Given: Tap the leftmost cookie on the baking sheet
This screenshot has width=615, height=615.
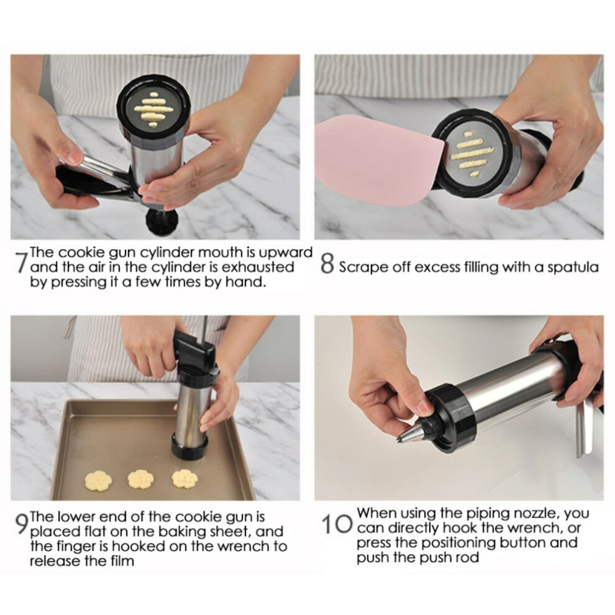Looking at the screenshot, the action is point(98,480).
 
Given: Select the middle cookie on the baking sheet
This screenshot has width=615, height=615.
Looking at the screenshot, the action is point(141,479).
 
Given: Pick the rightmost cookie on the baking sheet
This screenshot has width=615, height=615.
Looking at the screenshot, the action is point(184,478).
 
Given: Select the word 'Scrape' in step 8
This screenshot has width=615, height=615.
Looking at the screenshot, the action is point(360,268).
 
